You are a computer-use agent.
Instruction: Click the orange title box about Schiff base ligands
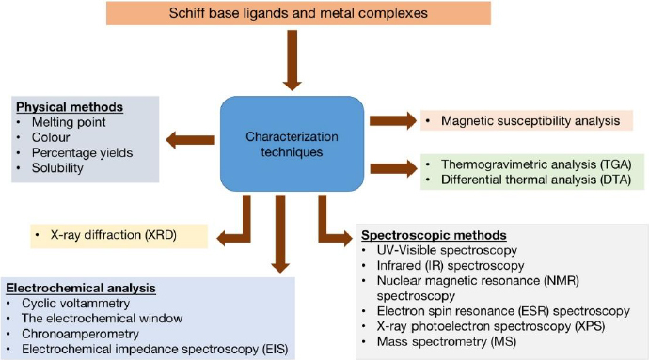tap(298, 13)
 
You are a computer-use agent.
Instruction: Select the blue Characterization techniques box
tap(293, 144)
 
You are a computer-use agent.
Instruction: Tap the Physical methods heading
tap(70, 107)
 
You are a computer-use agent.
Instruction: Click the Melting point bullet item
tap(69, 122)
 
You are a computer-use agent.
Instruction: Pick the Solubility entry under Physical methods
tap(57, 168)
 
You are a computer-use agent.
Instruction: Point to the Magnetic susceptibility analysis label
tap(530, 121)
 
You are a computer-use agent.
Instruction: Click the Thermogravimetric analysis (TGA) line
tap(536, 164)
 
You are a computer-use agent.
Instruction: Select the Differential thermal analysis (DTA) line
tap(536, 180)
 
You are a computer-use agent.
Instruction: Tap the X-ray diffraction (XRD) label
tap(114, 235)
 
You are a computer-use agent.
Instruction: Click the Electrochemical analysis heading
tap(81, 288)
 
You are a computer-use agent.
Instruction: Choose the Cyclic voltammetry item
tap(76, 304)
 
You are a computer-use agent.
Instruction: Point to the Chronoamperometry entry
tap(80, 334)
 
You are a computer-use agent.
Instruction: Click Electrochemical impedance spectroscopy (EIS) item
tap(155, 350)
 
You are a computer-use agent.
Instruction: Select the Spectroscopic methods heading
tap(434, 235)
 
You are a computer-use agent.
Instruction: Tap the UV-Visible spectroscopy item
tap(447, 250)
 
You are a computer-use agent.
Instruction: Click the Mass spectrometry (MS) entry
tap(447, 342)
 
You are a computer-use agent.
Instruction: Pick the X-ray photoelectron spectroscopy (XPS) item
tap(491, 326)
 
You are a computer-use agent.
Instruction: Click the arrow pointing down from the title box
tap(293, 60)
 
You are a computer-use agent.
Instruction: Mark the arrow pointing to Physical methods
tap(190, 140)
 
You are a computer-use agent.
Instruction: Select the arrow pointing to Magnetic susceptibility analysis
tap(393, 121)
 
